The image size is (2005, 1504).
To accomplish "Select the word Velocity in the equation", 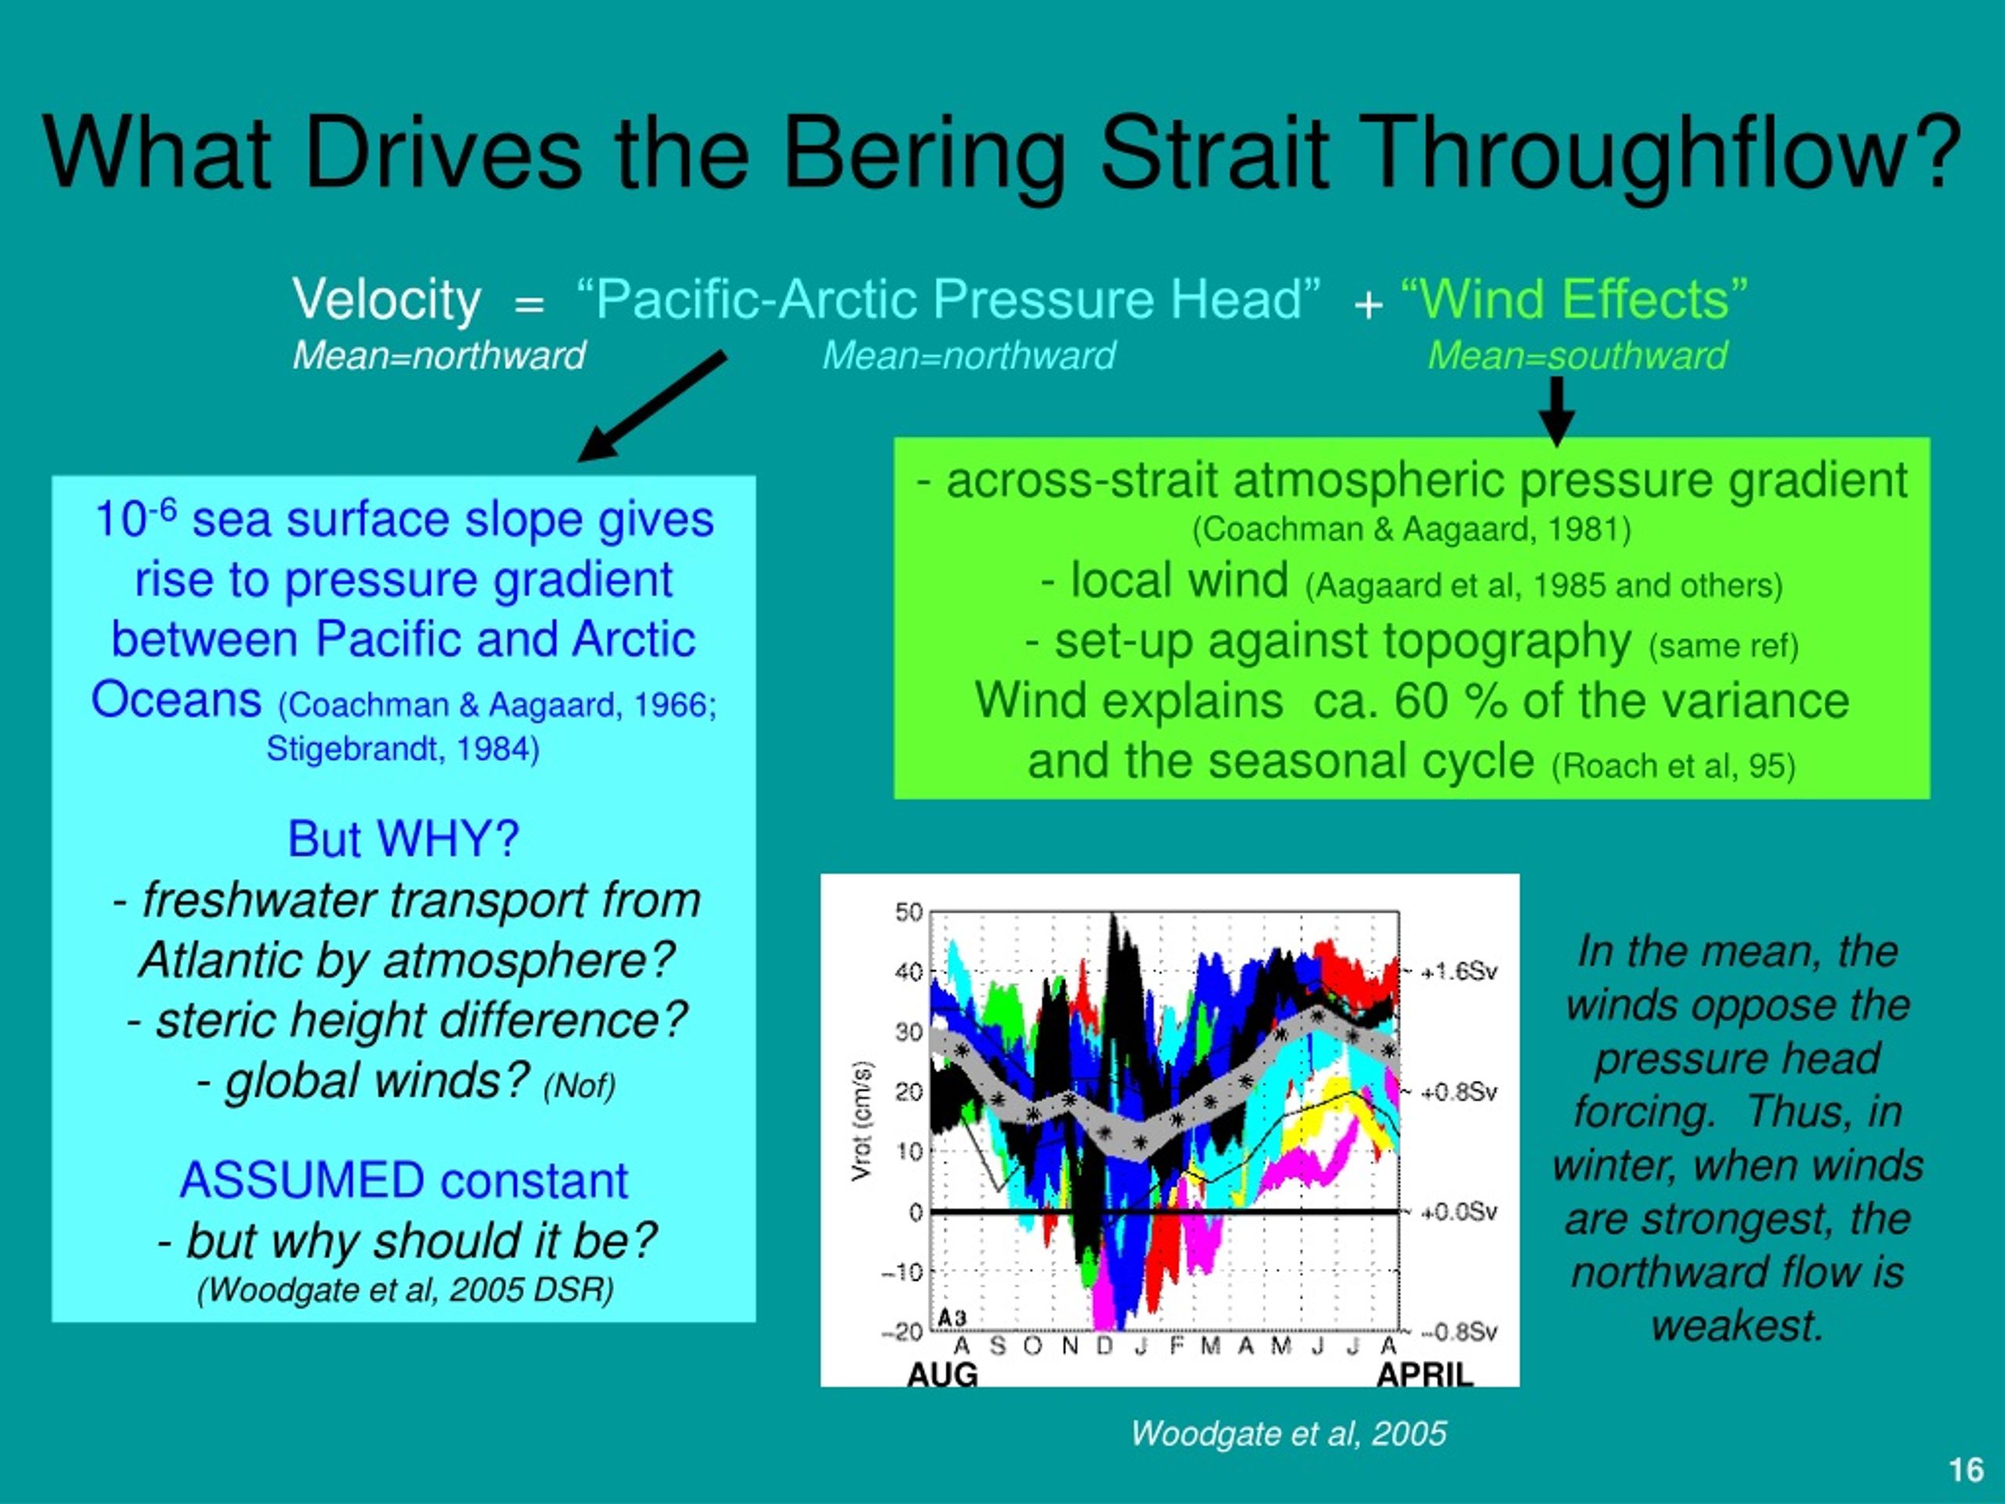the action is [x=386, y=300].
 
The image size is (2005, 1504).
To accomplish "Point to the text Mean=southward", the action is [x=1577, y=356].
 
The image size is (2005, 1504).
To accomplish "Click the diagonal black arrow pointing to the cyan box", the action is [x=652, y=406].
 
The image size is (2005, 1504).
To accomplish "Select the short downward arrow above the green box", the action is [x=1556, y=411].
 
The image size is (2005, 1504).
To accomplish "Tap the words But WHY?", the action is [x=403, y=839].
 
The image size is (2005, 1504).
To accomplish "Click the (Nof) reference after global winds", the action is [x=580, y=1085].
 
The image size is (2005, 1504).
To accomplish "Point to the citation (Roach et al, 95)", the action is [x=1673, y=766].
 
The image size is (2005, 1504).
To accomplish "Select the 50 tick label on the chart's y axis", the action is [x=909, y=912].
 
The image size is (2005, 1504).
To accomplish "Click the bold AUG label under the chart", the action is [x=943, y=1376].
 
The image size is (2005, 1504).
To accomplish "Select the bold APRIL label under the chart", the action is [x=1425, y=1376].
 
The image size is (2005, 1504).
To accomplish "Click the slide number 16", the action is [x=1966, y=1470].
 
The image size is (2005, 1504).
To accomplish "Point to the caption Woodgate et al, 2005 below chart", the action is [x=1289, y=1433].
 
